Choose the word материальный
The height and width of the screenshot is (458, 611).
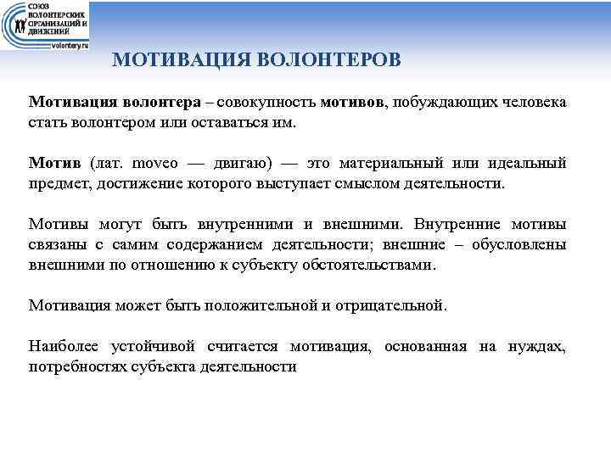coord(407,163)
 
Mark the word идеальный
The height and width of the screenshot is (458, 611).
coord(529,163)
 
